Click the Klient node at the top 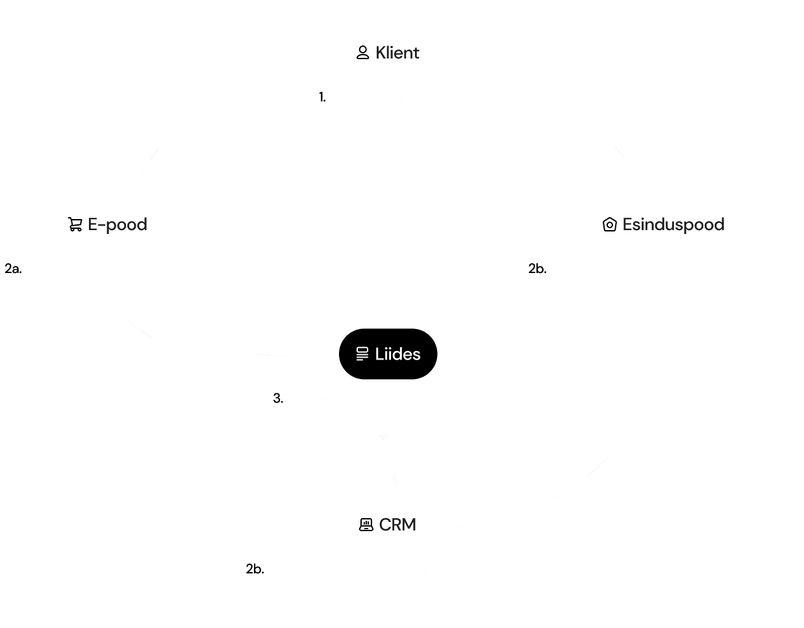388,53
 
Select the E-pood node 108,224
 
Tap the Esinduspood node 664,224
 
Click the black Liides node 388,354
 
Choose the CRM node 388,525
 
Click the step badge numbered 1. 322,98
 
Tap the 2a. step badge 14,268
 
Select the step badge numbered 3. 278,399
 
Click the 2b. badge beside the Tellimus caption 536,268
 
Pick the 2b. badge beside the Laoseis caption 255,569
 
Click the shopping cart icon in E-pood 75,225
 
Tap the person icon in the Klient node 363,53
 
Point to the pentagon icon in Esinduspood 610,225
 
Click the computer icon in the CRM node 366,525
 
